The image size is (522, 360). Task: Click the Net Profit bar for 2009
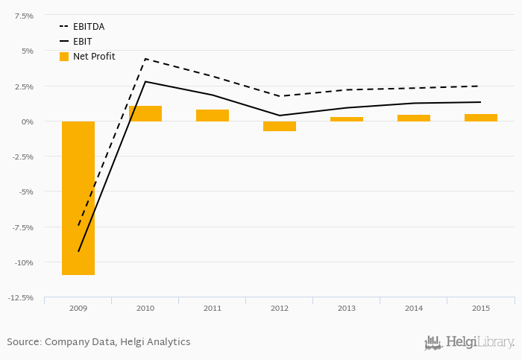pos(78,198)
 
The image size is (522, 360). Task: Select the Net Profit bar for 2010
pos(145,113)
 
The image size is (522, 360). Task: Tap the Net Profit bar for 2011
pos(213,116)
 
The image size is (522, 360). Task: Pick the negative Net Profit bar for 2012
pos(280,126)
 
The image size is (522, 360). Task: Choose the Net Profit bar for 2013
pos(347,119)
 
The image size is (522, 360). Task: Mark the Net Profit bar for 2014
pos(414,118)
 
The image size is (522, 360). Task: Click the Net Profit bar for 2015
pos(481,118)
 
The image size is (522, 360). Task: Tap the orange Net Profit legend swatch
pos(64,57)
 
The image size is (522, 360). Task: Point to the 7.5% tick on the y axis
pos(24,16)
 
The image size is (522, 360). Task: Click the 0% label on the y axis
pos(27,121)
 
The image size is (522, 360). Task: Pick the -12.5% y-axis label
pos(21,298)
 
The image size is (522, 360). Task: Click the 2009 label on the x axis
pos(78,308)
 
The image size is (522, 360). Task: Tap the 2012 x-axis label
pos(280,308)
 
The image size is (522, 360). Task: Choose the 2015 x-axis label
pos(481,308)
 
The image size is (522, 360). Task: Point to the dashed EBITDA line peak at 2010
pos(145,59)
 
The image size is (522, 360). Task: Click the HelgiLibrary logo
pos(470,342)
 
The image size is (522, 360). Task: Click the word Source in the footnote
pos(24,342)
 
